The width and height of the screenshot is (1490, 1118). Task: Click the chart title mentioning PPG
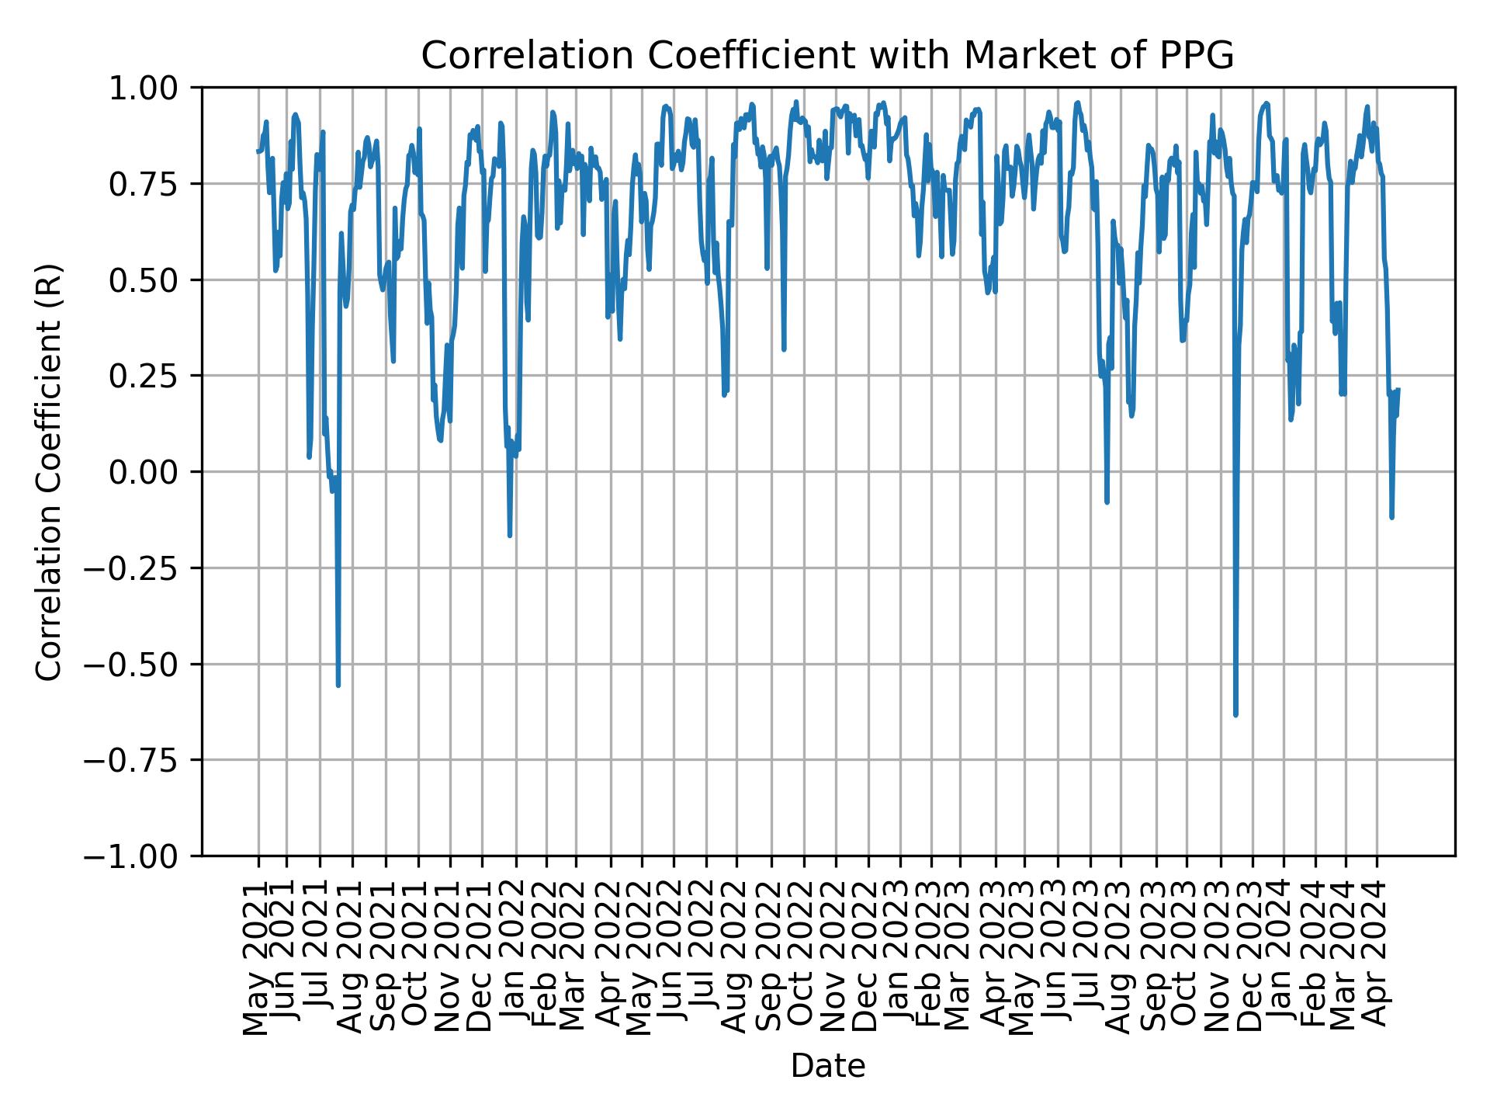point(827,56)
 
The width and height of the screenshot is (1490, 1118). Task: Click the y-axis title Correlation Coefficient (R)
point(48,471)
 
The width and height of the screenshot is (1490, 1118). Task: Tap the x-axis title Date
point(827,1066)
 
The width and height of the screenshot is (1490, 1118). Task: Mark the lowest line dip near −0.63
point(1235,714)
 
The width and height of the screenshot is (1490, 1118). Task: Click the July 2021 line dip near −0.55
point(338,685)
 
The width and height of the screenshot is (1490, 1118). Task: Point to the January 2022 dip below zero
point(510,534)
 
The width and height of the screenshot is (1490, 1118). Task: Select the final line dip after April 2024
point(1391,516)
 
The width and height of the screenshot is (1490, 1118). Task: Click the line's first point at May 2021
point(258,151)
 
